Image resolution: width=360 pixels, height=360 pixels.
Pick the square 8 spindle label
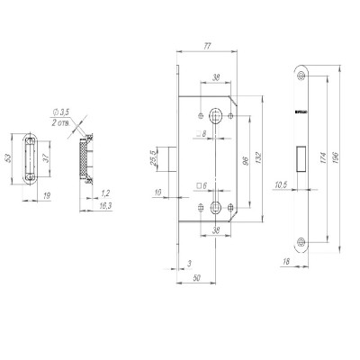coord(202,134)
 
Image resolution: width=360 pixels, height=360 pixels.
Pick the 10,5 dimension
coord(280,186)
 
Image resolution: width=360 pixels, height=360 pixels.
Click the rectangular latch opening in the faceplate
coord(301,157)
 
